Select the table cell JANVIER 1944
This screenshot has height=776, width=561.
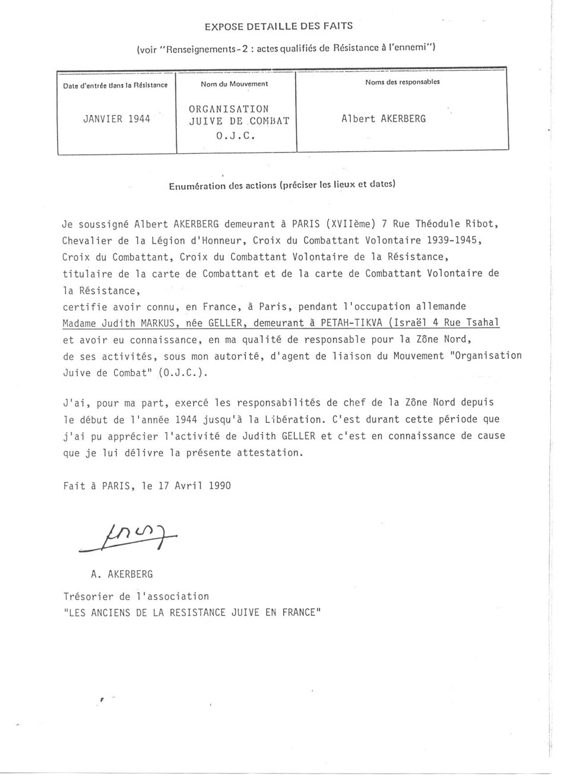click(x=116, y=118)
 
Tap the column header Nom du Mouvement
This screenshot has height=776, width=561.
click(x=234, y=84)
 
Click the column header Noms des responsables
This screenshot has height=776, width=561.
click(x=402, y=82)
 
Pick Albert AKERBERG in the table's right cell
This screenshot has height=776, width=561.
click(x=384, y=118)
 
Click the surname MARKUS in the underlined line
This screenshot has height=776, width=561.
click(x=160, y=323)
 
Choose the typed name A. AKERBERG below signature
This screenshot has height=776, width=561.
click(x=118, y=574)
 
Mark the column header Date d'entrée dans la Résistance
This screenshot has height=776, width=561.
click(x=116, y=85)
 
